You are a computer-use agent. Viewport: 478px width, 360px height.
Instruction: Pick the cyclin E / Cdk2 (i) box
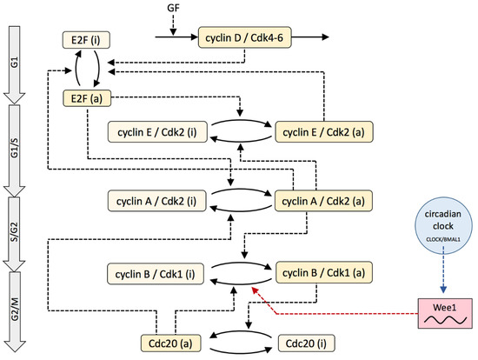coord(151,132)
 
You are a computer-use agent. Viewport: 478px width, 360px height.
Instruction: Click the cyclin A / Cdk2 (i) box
coord(151,202)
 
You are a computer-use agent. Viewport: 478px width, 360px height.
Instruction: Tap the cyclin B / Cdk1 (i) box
coord(151,271)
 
